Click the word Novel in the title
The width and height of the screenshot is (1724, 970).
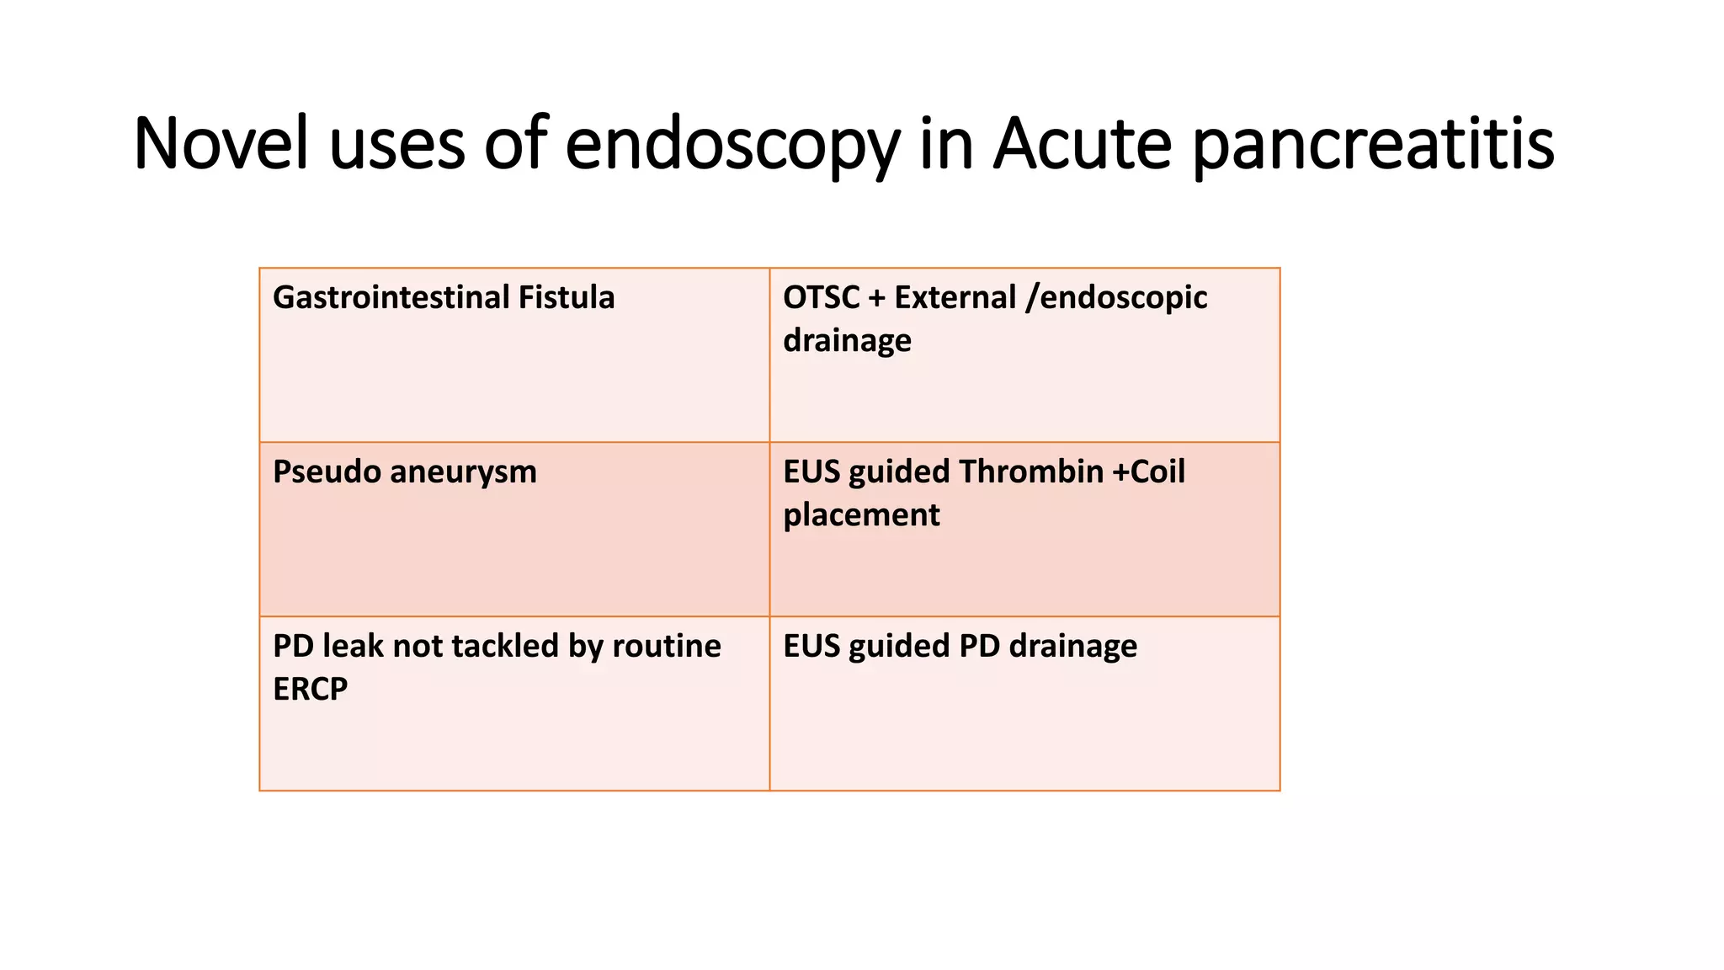221,143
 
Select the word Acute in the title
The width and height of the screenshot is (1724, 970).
1082,143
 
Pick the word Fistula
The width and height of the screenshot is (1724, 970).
566,298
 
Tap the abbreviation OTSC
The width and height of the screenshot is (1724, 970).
821,298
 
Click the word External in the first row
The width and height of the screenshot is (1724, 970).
955,298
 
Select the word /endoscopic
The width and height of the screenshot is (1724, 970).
1116,298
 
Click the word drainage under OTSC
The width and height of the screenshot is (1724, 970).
847,341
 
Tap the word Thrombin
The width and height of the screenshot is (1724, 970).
1030,472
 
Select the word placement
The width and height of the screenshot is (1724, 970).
861,515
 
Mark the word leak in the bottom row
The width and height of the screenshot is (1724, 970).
353,646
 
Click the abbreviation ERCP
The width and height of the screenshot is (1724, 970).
310,690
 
